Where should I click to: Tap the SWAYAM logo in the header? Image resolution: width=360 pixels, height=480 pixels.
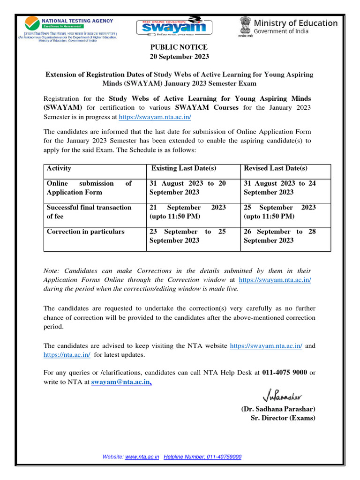pos(171,28)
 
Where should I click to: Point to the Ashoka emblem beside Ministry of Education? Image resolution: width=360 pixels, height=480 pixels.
pos(245,26)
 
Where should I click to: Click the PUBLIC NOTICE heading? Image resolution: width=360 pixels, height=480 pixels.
pos(179,47)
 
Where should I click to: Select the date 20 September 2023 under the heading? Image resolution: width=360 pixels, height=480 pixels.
pos(179,57)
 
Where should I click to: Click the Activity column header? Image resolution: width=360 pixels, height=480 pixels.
pos(59,169)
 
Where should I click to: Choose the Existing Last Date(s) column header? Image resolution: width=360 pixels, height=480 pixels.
pos(184,169)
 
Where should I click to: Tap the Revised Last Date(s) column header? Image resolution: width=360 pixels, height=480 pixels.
pos(276,169)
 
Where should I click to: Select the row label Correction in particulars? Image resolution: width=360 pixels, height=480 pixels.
pos(85,232)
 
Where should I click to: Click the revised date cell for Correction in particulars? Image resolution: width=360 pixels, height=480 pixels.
pos(280,236)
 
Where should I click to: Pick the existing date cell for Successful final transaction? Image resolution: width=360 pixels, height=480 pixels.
pos(187,211)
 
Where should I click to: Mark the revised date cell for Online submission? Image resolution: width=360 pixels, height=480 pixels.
pos(280,187)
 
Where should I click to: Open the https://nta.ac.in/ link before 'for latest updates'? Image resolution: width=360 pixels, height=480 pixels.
pos(67,355)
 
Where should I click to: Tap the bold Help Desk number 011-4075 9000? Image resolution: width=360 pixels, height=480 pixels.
pos(284,373)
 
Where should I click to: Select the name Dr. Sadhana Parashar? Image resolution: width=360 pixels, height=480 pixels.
pos(278,409)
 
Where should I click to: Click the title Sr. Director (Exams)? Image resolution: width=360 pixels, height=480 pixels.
pos(283,418)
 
